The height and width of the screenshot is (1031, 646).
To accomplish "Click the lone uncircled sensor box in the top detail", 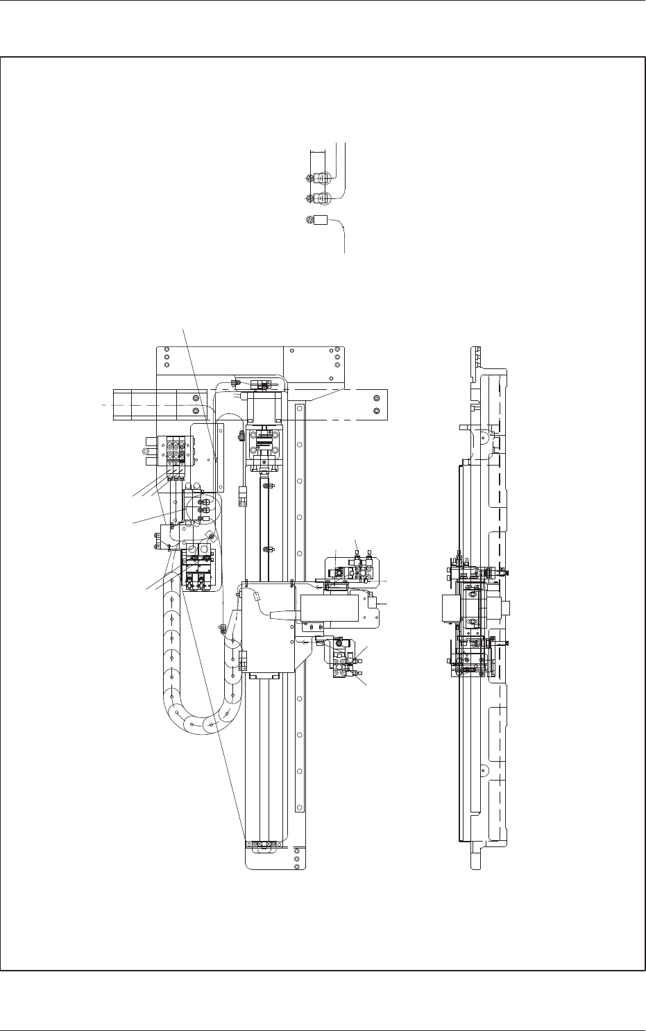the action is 321,221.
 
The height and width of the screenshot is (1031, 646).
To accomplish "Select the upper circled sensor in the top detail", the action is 321,177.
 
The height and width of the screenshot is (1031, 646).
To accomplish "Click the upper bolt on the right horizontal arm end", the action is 376,398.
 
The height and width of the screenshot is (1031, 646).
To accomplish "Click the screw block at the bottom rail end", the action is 264,844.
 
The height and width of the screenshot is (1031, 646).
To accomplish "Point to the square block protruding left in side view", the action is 450,609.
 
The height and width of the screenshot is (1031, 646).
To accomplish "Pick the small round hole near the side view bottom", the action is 482,769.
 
